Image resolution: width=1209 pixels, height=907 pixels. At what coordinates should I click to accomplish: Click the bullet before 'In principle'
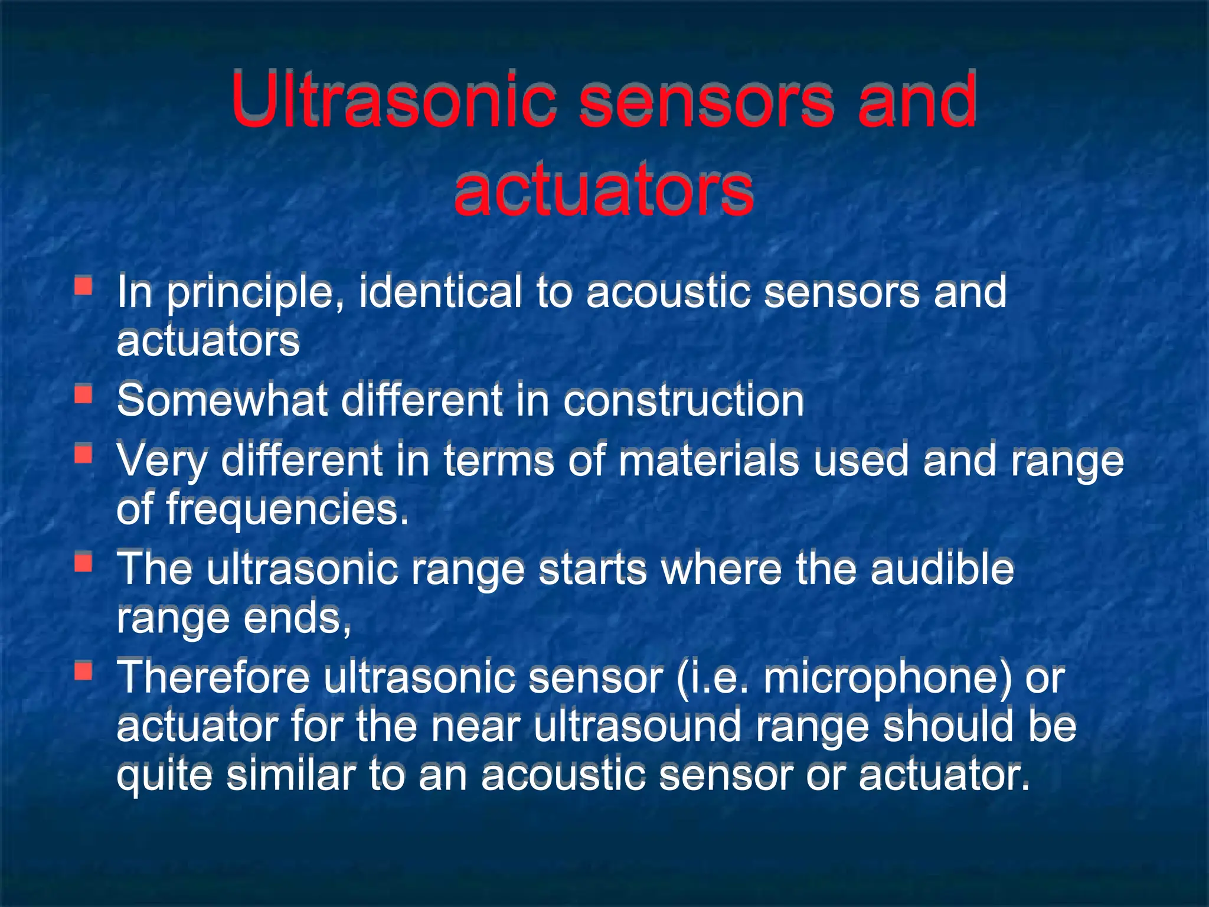[x=83, y=286]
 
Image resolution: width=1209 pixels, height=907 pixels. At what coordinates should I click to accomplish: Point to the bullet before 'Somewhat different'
[x=83, y=394]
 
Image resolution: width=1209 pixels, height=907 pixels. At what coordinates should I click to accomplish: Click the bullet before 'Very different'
[x=83, y=454]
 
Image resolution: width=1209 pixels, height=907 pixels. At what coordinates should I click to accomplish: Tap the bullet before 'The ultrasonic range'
[x=83, y=562]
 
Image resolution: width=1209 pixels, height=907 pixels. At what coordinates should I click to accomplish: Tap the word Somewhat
[x=222, y=401]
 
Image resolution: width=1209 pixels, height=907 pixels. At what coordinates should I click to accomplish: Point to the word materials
[x=708, y=461]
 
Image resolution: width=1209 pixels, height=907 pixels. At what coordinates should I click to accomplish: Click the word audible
[x=942, y=569]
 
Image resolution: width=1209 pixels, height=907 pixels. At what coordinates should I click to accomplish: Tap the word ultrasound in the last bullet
[x=637, y=727]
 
